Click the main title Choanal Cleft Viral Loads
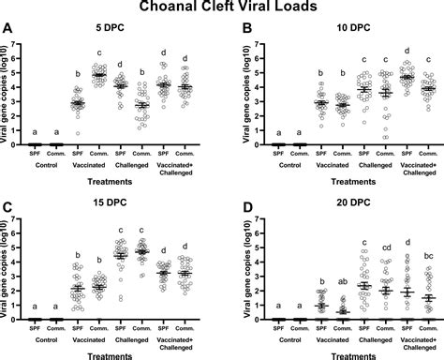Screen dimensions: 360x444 [222, 7]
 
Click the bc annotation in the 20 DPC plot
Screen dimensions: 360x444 [428, 255]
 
